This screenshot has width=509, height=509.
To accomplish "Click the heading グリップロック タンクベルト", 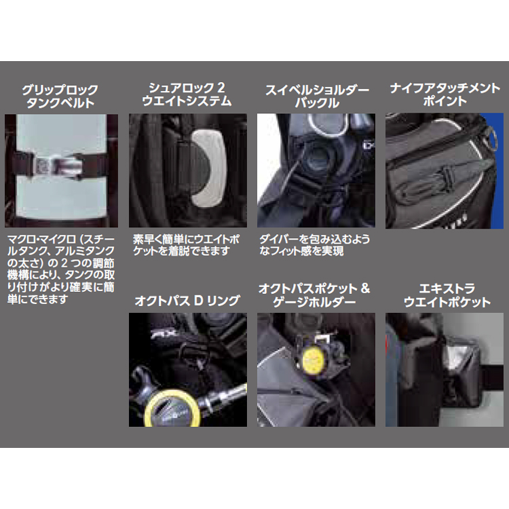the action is click(x=60, y=96).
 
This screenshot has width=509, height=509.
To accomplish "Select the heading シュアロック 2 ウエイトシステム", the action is click(x=187, y=94).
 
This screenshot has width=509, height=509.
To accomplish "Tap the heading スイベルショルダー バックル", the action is click(x=317, y=96).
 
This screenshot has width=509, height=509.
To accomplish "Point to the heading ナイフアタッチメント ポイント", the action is click(x=445, y=94).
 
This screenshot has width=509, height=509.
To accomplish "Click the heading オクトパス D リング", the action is click(x=187, y=301).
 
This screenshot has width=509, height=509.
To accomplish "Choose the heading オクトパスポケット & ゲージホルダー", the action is click(x=314, y=295).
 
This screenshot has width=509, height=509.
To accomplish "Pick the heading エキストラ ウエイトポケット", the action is click(x=447, y=295).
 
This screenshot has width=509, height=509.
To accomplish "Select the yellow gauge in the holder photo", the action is click(x=314, y=359).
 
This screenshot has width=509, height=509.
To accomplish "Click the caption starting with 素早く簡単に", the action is click(x=186, y=245).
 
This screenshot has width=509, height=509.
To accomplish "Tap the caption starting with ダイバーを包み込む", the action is click(x=314, y=245).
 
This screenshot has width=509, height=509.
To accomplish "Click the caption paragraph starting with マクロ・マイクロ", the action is click(x=61, y=269).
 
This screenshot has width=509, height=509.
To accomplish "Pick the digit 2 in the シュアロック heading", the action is click(x=221, y=88).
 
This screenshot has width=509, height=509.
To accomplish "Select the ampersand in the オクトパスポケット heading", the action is click(x=365, y=288).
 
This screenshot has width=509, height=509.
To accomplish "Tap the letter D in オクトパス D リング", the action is click(x=199, y=301).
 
